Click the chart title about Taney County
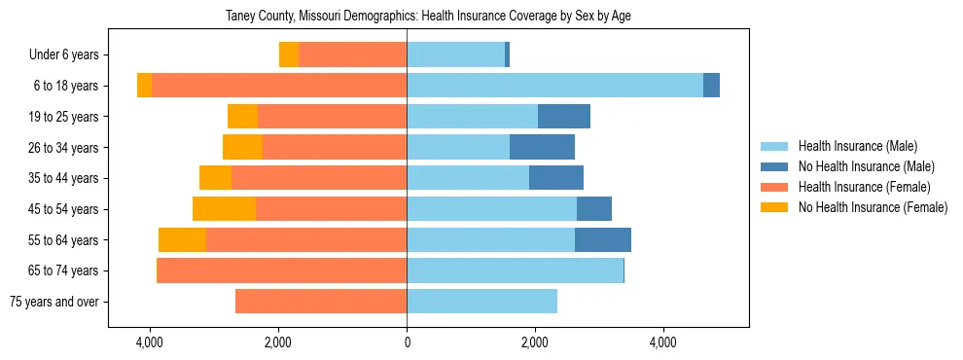point(429,16)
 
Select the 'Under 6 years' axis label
point(63,55)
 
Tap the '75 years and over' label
point(54,302)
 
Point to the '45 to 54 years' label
point(64,209)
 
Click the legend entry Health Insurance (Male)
point(857,146)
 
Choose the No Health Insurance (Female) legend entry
point(873,207)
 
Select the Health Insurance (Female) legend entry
point(864,187)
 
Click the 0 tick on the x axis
point(407,342)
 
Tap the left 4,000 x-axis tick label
point(150,342)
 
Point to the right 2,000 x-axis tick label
point(535,342)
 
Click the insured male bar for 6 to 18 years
point(554,86)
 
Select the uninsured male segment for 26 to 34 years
point(542,147)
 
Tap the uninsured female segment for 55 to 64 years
point(182,240)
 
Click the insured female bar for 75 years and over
point(321,302)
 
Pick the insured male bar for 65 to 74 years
point(515,270)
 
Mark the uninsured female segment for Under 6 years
point(289,55)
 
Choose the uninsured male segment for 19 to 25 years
point(564,117)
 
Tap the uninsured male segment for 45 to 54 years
point(594,209)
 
